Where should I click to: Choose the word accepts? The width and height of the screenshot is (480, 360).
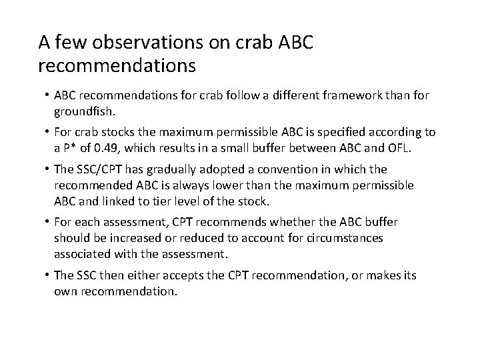tap(193, 275)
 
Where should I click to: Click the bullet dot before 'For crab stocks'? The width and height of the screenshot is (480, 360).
tap(47, 132)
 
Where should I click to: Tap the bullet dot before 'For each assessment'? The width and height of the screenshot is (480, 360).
tap(47, 221)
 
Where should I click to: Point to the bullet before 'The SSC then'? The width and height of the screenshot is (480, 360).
tap(47, 275)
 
